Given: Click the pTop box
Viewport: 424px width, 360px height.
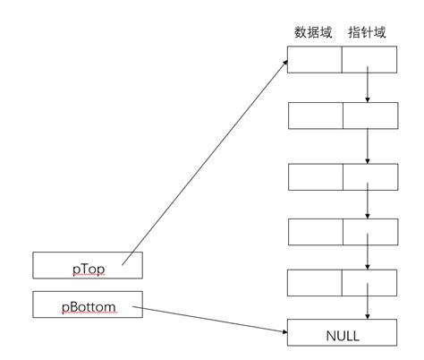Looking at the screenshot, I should click(x=88, y=265).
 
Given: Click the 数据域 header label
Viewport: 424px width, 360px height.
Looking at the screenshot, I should click(x=313, y=33).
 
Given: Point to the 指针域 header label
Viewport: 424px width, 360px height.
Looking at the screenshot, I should click(x=368, y=33).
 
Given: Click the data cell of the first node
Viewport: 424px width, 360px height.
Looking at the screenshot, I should click(x=315, y=59).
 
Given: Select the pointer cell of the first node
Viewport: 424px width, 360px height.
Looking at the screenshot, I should click(x=369, y=59).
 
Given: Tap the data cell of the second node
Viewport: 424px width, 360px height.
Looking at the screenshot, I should click(x=315, y=117).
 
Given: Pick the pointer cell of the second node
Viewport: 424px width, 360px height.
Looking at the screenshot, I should click(x=369, y=117).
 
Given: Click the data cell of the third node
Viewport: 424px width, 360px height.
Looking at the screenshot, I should click(x=315, y=176).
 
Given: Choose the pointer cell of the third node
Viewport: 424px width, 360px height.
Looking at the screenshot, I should click(x=369, y=176).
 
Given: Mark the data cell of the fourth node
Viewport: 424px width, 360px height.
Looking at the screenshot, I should click(x=315, y=232).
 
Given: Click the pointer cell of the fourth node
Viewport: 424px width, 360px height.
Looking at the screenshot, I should click(x=369, y=232).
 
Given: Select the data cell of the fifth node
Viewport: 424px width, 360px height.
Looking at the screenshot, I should click(x=315, y=283).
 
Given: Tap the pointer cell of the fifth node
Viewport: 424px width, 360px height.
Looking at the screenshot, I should click(x=369, y=283).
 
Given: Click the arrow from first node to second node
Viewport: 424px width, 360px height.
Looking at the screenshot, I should click(x=369, y=88).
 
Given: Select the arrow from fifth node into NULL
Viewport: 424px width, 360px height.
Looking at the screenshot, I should click(x=369, y=307).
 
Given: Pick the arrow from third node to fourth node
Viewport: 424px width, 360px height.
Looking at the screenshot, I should click(x=369, y=204).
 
